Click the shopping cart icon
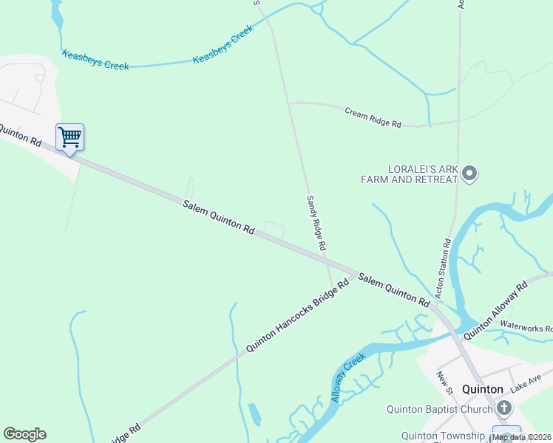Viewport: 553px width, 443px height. (69, 137)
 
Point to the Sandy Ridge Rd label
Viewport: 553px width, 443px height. (316, 224)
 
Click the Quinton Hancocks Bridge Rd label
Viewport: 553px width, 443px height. (297, 315)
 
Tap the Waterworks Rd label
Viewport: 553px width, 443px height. (526, 327)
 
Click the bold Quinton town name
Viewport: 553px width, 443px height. (482, 389)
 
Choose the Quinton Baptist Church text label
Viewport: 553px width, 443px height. (439, 410)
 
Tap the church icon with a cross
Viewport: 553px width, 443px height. (504, 408)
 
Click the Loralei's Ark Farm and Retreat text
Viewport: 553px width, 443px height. (409, 174)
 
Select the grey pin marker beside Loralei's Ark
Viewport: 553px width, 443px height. (469, 174)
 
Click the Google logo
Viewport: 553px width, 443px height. (24, 434)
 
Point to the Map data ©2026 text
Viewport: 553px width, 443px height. (522, 437)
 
